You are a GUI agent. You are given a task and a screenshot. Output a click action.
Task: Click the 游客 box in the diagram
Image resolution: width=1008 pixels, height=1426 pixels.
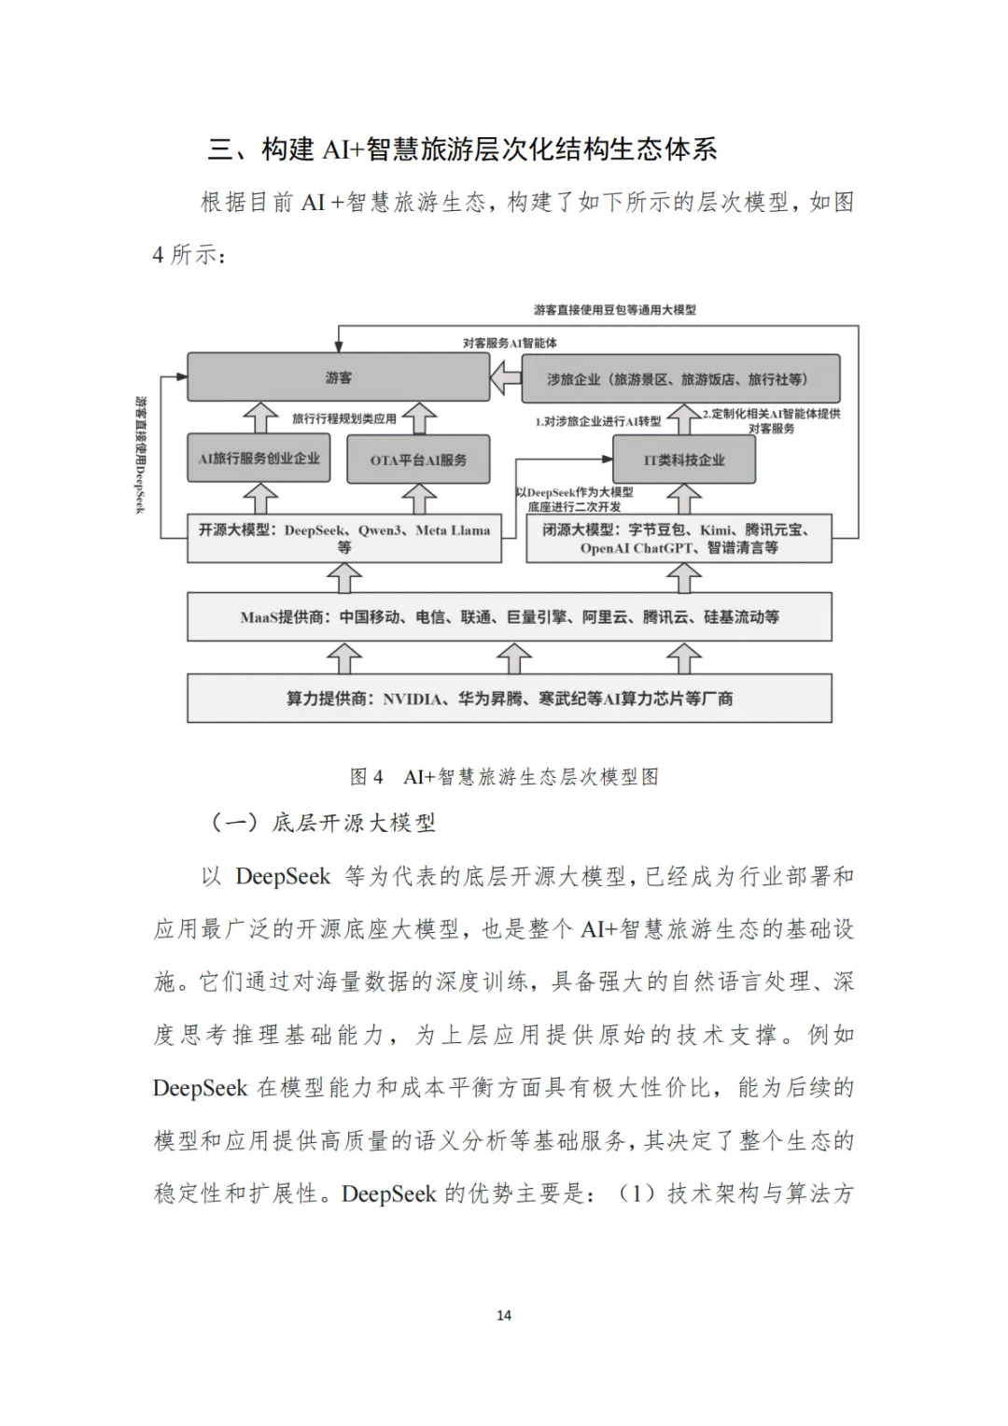click(338, 378)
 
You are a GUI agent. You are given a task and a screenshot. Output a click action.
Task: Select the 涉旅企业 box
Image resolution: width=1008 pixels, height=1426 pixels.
click(679, 379)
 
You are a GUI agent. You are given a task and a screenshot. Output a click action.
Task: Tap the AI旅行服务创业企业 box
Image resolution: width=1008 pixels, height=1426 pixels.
click(259, 459)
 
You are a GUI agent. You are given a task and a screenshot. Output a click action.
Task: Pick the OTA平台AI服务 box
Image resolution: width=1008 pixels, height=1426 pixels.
click(418, 459)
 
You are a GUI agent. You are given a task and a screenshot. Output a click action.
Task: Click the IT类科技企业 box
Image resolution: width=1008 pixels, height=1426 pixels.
click(683, 459)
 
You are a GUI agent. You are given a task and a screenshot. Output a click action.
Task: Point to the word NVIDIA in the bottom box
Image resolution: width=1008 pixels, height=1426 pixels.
click(413, 699)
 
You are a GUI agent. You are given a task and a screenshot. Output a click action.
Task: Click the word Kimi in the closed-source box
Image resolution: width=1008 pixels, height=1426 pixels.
click(716, 530)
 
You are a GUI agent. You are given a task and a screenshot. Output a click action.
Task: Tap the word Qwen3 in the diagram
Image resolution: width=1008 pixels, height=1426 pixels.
click(379, 530)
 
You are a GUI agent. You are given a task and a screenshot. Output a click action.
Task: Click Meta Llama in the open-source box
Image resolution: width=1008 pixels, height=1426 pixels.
click(452, 530)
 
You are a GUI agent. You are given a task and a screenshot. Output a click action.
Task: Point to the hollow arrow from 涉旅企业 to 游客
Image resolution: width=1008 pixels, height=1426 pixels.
click(506, 379)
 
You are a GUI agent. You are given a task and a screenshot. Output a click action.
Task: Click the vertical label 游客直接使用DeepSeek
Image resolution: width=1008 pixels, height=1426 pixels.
click(140, 454)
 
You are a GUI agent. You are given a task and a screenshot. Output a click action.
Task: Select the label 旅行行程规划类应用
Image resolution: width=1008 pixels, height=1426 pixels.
click(343, 418)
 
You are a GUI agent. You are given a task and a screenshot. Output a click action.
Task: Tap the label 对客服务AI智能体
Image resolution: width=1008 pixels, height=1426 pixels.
click(510, 343)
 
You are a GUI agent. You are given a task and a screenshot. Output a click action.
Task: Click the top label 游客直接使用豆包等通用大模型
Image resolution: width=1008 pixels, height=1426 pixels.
click(614, 309)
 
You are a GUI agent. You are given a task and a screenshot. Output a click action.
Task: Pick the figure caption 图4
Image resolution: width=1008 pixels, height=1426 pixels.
click(366, 777)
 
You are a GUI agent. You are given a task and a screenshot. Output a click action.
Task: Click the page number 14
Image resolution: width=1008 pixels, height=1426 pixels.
click(504, 1315)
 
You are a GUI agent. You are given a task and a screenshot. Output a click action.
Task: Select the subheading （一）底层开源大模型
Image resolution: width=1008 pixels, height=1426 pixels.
click(323, 823)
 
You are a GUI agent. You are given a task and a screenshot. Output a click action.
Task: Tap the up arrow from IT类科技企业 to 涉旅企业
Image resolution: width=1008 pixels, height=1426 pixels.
click(683, 420)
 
